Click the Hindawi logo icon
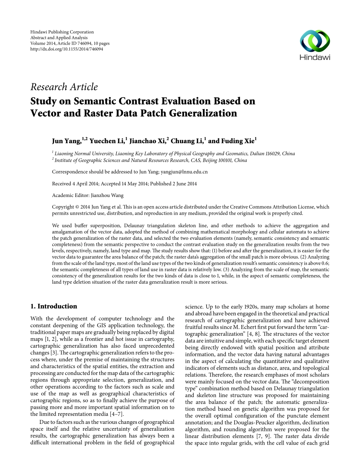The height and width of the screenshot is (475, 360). tap(315, 41)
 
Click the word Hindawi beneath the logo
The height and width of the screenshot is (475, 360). tap(315, 58)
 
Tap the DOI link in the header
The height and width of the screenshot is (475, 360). tap(66, 49)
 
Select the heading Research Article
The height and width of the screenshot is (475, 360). tap(64, 87)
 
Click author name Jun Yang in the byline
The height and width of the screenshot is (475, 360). tap(66, 141)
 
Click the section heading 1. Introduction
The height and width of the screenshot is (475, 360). tap(53, 306)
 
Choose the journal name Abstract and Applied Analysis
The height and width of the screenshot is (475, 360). tap(59, 38)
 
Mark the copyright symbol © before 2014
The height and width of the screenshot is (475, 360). tap(75, 207)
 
